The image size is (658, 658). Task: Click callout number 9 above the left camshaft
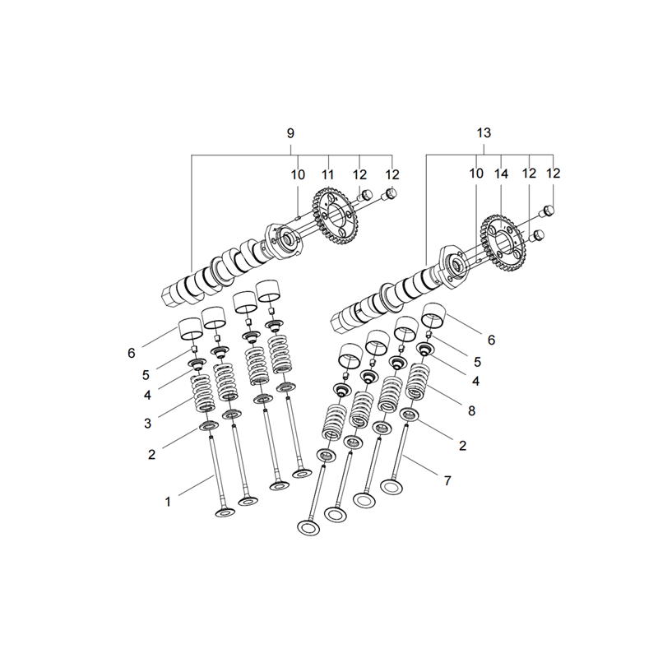pos(290,133)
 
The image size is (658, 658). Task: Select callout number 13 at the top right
pos(484,133)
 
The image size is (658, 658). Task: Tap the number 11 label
pos(327,174)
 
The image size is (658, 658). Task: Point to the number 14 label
pos(502,174)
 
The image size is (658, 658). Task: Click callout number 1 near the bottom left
pos(168,502)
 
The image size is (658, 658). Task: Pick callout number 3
pos(147,424)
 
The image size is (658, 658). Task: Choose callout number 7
pos(447,480)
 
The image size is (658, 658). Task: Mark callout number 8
pos(471,410)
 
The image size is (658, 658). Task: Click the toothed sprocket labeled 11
pos(335,218)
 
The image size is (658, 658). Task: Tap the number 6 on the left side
pos(132,354)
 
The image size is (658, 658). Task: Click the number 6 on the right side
pos(491,340)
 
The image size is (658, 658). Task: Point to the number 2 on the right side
pos(462,446)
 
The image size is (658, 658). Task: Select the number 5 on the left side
pos(146,375)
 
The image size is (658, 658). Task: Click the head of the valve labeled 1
pos(225,512)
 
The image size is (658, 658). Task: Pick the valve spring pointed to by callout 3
pos(203,393)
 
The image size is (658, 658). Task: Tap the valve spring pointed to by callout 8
pos(417,382)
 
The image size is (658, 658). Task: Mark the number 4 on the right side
pos(475,381)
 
